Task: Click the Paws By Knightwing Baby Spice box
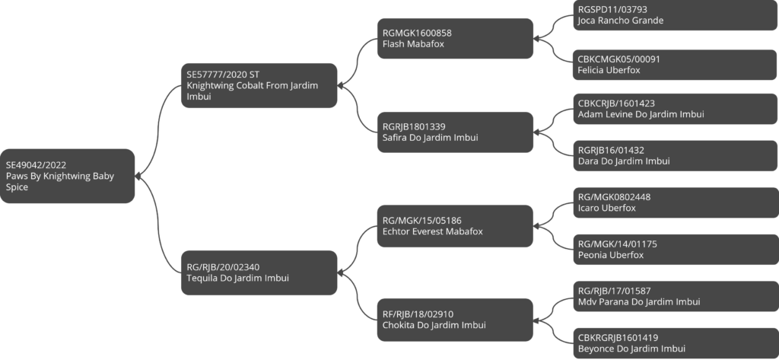(x=67, y=176)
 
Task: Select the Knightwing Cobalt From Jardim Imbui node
(x=259, y=85)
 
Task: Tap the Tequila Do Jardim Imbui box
(x=259, y=272)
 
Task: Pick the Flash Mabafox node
(x=455, y=38)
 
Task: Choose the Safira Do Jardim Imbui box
(x=455, y=132)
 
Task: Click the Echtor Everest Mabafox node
(x=455, y=226)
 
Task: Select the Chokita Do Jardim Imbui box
(x=455, y=320)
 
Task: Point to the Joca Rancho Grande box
(x=676, y=15)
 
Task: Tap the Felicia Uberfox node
(x=676, y=65)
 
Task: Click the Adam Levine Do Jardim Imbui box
(x=676, y=109)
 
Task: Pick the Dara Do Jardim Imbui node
(x=676, y=155)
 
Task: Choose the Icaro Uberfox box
(x=676, y=202)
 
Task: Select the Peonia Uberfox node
(x=676, y=250)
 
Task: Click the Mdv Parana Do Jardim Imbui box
(x=676, y=296)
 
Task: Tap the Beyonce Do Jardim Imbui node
(x=676, y=343)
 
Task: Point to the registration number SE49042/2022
(x=36, y=165)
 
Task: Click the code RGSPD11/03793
(x=612, y=9)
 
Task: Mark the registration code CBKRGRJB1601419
(x=618, y=338)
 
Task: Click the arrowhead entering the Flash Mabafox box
(x=537, y=38)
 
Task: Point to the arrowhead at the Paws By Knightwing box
(x=138, y=176)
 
